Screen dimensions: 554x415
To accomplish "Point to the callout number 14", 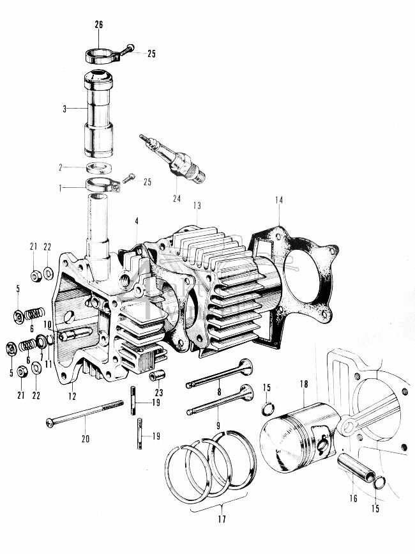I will [x=278, y=200].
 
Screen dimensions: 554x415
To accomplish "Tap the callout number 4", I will [x=135, y=221].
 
